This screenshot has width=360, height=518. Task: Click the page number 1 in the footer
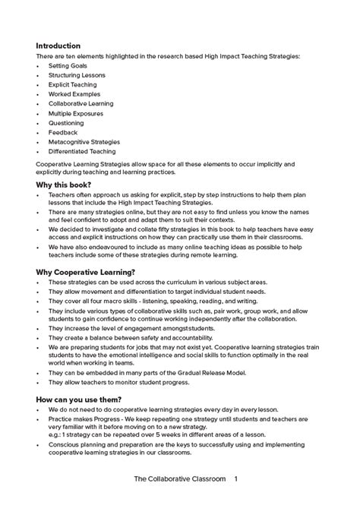[x=236, y=501]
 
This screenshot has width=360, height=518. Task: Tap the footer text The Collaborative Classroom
[x=178, y=501]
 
